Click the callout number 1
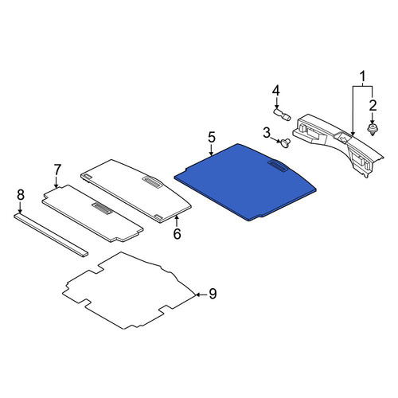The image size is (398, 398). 362,76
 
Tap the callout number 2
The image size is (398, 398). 373,106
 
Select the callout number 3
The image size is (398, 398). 267,133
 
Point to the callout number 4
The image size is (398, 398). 276,91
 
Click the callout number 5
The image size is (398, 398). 212,137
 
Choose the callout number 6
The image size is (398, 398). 177,234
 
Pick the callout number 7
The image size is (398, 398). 57,170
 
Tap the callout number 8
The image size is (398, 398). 21,195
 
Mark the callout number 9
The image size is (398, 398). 213,294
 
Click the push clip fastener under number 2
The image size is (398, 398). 373,129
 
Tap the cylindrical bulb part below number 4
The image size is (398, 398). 282,114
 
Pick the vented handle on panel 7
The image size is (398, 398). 102,208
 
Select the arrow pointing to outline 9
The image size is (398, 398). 201,295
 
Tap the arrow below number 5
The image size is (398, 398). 212,150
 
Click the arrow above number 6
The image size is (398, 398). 177,221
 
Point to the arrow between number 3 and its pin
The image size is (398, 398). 276,139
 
